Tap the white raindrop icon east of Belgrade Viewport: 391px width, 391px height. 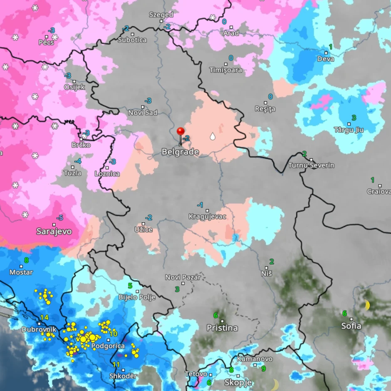213,136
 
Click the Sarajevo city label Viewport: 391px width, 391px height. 54,231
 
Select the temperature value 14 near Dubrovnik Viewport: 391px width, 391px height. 45,318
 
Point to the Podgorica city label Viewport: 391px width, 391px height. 108,346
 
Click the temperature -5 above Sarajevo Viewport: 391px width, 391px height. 60,217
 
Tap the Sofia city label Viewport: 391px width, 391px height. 351,326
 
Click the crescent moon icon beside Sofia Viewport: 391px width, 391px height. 367,305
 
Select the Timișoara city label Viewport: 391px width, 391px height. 225,70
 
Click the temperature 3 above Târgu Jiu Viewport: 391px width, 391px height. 354,118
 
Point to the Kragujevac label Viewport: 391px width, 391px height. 207,216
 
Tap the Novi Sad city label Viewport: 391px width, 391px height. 143,113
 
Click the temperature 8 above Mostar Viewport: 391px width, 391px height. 26,261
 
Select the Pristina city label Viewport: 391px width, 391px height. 222,328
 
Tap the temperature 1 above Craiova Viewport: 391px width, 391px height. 373,180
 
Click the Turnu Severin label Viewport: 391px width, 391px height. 311,165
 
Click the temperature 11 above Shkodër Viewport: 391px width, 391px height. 116,365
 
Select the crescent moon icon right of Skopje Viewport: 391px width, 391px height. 275,384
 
